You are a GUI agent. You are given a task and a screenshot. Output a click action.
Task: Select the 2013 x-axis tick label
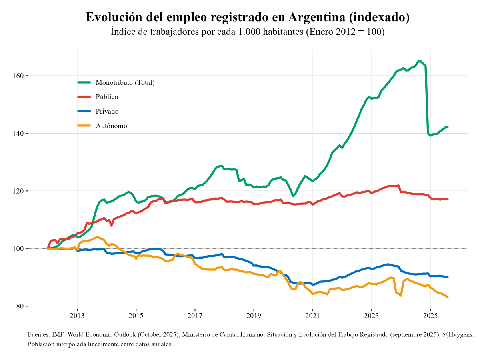(77, 316)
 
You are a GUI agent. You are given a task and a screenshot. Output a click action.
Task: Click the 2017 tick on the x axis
(195, 316)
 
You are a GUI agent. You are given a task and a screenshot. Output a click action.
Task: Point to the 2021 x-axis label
(312, 316)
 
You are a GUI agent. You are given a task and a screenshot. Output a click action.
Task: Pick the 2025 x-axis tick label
(430, 316)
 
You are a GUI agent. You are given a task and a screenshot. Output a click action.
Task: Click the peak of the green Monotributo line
(419, 61)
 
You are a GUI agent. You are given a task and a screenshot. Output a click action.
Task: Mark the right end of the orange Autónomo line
(448, 297)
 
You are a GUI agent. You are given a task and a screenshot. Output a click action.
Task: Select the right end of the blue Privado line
(448, 277)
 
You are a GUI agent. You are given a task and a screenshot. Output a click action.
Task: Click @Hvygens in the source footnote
(458, 334)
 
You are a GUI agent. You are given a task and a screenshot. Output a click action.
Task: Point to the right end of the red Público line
(448, 199)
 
